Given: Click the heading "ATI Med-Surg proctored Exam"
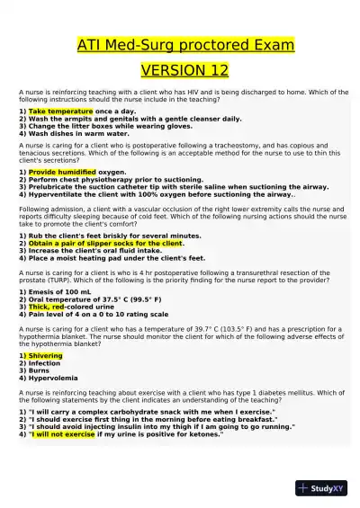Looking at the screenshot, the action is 180,44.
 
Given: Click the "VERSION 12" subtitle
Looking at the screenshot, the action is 180,70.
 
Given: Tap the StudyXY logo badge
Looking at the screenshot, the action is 321,488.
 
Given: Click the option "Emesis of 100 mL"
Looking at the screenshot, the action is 53,291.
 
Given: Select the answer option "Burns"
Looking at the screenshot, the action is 40,370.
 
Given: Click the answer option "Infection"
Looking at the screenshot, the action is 46,363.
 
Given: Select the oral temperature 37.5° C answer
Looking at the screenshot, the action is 90,299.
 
